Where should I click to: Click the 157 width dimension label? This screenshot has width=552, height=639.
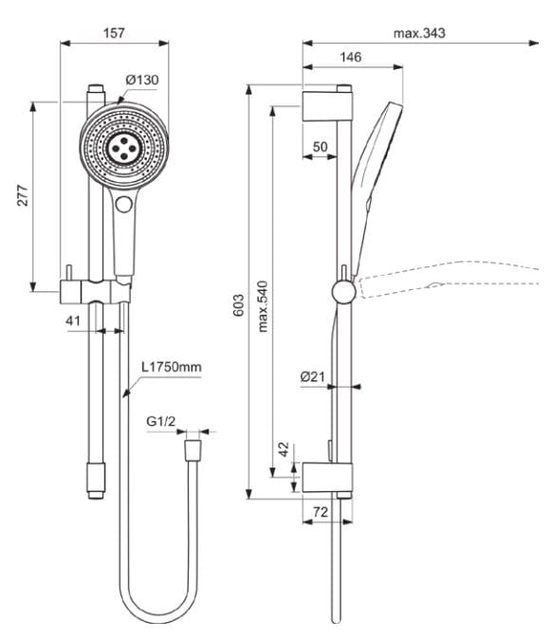(114, 32)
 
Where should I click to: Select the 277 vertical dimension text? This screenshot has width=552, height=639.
(23, 195)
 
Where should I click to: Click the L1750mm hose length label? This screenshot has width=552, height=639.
(172, 366)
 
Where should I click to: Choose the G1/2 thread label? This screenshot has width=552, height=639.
(161, 422)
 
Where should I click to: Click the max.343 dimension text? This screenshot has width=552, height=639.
(419, 32)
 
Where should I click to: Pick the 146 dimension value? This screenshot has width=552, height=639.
(350, 58)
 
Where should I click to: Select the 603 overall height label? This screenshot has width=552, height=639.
(239, 303)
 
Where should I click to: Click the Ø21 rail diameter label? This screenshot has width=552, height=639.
(313, 376)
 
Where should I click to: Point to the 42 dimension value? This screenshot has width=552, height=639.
(284, 449)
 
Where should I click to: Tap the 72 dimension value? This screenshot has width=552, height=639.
(320, 510)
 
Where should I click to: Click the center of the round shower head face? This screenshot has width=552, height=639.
(124, 146)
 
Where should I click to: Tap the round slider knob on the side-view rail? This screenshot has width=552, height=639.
(345, 290)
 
